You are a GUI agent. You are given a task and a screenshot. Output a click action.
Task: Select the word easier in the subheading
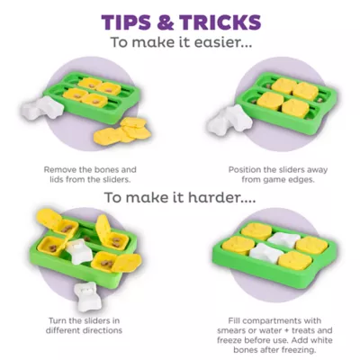coord(219,42)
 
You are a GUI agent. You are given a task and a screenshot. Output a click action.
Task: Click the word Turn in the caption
coord(58,320)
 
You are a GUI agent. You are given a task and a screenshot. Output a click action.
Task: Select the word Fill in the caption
coord(234,320)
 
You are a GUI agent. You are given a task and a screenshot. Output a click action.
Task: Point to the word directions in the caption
coord(103,330)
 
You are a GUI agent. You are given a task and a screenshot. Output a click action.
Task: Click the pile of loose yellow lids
coord(122,130)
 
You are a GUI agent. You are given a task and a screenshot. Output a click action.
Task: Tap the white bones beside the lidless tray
coord(41,108)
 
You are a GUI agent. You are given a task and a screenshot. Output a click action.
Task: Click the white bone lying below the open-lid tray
coord(85,292)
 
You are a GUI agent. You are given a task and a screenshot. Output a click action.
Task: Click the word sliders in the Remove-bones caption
coord(117,180)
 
